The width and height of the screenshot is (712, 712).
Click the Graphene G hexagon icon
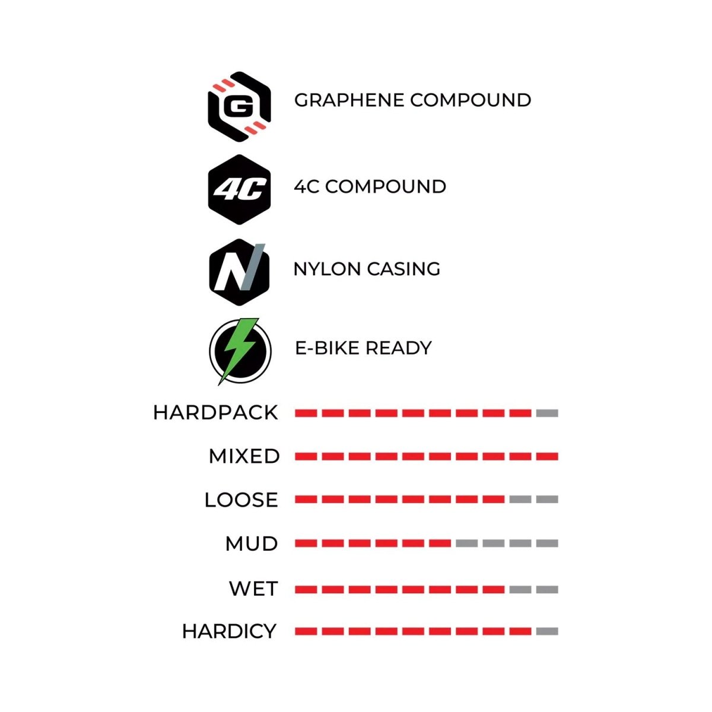(x=240, y=106)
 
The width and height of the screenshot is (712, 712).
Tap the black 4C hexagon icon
(x=240, y=189)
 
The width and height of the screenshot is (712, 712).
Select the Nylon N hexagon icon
(x=240, y=272)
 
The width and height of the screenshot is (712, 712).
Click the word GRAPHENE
(x=349, y=100)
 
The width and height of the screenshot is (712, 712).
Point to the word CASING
(x=403, y=269)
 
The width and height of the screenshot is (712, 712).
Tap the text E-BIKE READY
(x=363, y=348)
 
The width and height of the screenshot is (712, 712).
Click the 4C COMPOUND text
(x=370, y=186)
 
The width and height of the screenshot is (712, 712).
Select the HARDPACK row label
(x=215, y=413)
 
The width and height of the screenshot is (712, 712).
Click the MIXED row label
(x=244, y=456)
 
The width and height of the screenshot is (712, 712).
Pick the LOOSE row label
(x=241, y=500)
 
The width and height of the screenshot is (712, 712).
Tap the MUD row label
(x=252, y=544)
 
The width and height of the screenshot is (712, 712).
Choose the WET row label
(x=253, y=589)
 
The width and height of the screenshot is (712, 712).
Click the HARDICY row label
(x=230, y=631)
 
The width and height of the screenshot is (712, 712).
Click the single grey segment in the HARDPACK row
(x=547, y=413)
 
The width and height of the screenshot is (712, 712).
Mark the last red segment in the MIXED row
(x=547, y=457)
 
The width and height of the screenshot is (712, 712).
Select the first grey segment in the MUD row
(x=467, y=543)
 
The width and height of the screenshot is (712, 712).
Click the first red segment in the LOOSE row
(x=306, y=500)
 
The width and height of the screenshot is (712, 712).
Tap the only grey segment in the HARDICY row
(x=547, y=631)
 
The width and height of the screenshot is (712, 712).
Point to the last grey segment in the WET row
(x=547, y=589)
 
